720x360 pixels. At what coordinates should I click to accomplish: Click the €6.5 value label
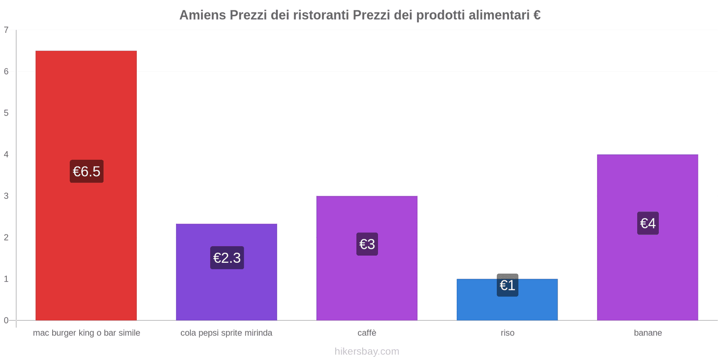pyautogui.click(x=86, y=171)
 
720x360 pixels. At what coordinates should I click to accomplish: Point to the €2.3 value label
pyautogui.click(x=227, y=258)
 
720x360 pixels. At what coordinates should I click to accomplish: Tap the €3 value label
pyautogui.click(x=367, y=244)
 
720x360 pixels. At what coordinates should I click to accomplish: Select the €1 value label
pyautogui.click(x=508, y=285)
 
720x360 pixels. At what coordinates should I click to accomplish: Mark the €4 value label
pyautogui.click(x=648, y=223)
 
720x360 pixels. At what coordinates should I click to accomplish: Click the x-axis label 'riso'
pyautogui.click(x=508, y=333)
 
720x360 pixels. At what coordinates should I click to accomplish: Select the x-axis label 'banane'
pyautogui.click(x=648, y=333)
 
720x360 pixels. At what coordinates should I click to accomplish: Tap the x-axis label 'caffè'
pyautogui.click(x=367, y=333)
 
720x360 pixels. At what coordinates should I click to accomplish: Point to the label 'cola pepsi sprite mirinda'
pyautogui.click(x=226, y=333)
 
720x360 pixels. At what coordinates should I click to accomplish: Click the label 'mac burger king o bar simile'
pyautogui.click(x=86, y=333)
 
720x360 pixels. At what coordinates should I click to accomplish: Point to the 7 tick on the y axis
pyautogui.click(x=6, y=30)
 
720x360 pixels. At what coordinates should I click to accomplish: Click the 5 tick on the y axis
pyautogui.click(x=6, y=113)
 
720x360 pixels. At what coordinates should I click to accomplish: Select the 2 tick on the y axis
pyautogui.click(x=6, y=238)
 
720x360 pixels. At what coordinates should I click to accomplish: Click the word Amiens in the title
pyautogui.click(x=202, y=15)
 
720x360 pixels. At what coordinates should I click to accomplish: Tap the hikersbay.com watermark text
pyautogui.click(x=367, y=351)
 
